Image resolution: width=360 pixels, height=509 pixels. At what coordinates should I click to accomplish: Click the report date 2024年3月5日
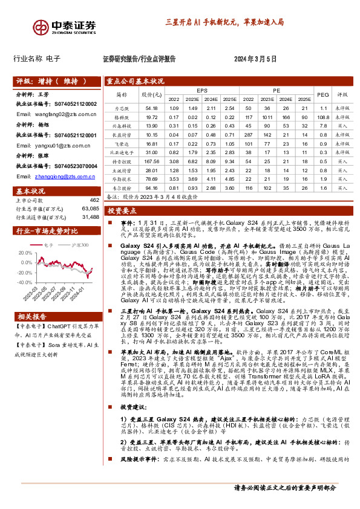point(255,59)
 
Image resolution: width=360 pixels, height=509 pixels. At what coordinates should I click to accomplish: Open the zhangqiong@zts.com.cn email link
point(52,177)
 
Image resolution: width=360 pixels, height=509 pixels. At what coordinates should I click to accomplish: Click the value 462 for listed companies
point(94,200)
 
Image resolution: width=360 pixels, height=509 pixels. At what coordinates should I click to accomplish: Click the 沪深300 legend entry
point(80,245)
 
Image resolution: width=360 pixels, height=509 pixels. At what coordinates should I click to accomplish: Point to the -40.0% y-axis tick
point(24,282)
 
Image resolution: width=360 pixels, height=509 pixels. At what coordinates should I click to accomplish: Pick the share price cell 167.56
point(152,163)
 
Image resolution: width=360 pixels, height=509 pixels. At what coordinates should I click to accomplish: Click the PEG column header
point(322,94)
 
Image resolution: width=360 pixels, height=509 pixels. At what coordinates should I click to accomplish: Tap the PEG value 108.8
point(322,117)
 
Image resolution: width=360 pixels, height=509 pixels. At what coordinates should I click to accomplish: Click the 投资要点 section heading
point(120,211)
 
